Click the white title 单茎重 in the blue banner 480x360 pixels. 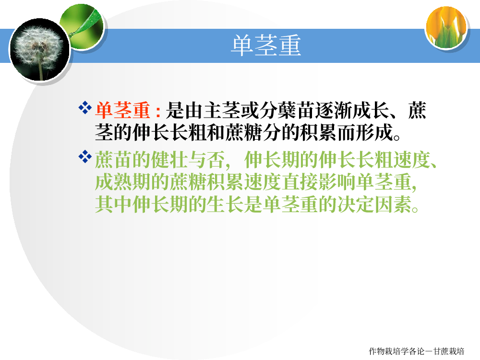(x=266, y=45)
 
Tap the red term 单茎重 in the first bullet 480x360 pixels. (x=122, y=110)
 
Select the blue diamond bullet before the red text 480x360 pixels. (x=85, y=108)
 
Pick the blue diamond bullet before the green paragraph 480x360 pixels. (x=85, y=157)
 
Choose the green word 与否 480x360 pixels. (x=207, y=160)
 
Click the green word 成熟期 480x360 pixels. (x=122, y=182)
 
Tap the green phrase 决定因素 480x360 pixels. (x=375, y=204)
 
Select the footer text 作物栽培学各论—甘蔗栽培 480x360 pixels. (x=416, y=351)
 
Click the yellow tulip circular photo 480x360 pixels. (x=446, y=27)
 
